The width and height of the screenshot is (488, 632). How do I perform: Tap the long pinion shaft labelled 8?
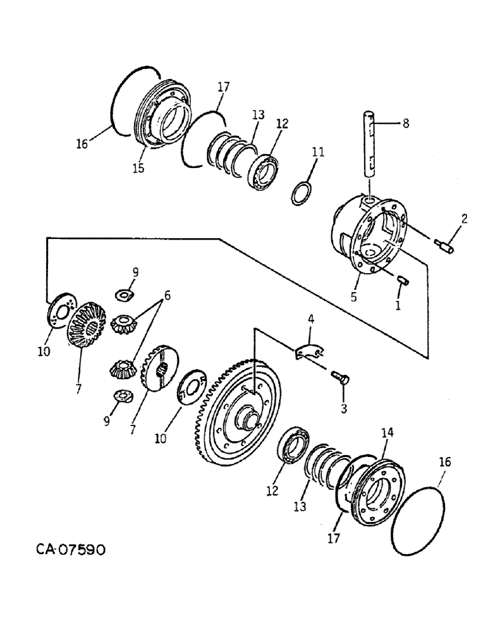pos(370,143)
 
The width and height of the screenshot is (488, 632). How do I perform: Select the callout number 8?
pos(405,124)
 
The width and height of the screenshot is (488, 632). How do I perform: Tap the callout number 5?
pos(353,296)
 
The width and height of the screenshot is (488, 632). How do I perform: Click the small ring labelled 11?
pos(303,192)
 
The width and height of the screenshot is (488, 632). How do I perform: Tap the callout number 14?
pos(387,433)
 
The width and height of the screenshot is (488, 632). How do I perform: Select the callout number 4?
pos(310,319)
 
